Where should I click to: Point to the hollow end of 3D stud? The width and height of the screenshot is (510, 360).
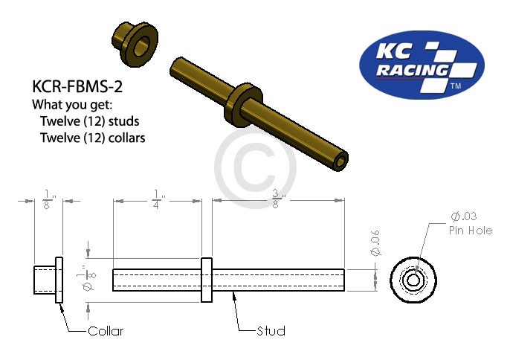[340, 160]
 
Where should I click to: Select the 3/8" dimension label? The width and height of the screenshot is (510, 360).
[277, 201]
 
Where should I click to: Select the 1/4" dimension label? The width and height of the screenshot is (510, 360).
[157, 201]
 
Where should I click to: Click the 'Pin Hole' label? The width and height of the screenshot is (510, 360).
[470, 231]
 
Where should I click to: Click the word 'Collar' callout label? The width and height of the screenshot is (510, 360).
[105, 330]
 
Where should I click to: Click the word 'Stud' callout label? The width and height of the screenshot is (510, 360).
[271, 330]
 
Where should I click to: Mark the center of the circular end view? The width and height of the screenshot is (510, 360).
[416, 280]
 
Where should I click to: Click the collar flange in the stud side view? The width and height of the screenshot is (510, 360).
[207, 280]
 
